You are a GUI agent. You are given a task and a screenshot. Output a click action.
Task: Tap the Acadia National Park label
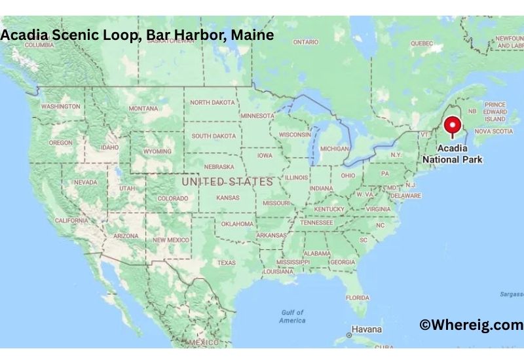(452, 154)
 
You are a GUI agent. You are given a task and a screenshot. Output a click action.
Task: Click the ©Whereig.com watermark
(471, 324)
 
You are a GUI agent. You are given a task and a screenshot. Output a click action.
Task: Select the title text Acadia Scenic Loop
(69, 35)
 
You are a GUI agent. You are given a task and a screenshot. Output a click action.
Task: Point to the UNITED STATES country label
(227, 181)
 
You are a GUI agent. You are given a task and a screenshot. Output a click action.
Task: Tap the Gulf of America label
(292, 316)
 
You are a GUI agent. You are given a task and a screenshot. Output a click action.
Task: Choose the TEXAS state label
(227, 262)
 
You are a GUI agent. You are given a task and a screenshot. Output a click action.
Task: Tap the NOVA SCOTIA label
(493, 132)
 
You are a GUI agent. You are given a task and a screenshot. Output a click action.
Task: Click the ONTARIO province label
(305, 42)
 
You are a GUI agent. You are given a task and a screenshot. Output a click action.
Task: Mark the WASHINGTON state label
(60, 106)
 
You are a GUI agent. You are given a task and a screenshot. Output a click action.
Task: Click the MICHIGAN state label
(334, 149)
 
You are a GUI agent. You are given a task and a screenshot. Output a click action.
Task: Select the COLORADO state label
(172, 198)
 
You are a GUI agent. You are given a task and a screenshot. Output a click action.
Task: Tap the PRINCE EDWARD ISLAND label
(496, 112)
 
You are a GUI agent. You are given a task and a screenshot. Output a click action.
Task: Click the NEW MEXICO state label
(170, 240)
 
